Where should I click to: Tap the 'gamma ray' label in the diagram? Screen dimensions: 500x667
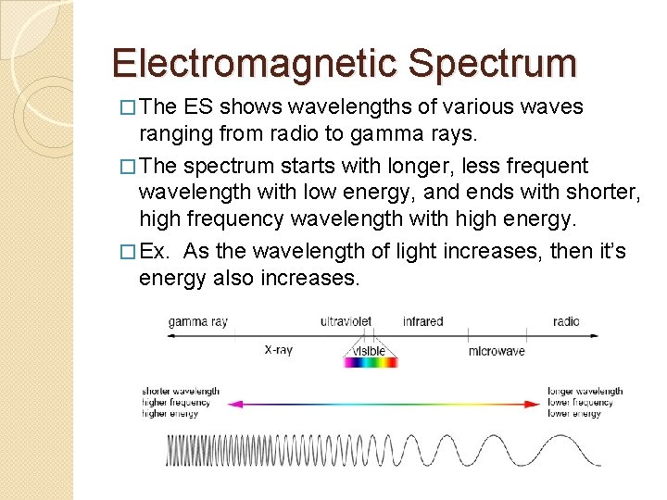click(x=197, y=321)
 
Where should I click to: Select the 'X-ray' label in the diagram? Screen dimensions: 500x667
click(x=279, y=350)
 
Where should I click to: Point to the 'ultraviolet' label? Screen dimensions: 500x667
click(x=346, y=321)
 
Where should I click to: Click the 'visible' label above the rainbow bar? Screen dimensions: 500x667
click(x=370, y=351)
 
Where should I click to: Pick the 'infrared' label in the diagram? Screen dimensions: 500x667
click(x=422, y=321)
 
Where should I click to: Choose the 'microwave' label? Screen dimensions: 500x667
click(x=497, y=351)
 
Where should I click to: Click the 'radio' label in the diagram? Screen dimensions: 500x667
click(x=566, y=321)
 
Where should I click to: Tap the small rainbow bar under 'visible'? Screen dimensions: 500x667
click(x=371, y=363)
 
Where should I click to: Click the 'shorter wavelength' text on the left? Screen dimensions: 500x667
click(x=182, y=391)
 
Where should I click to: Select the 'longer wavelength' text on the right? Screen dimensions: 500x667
click(x=585, y=391)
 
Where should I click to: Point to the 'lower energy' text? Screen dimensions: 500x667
click(x=574, y=413)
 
